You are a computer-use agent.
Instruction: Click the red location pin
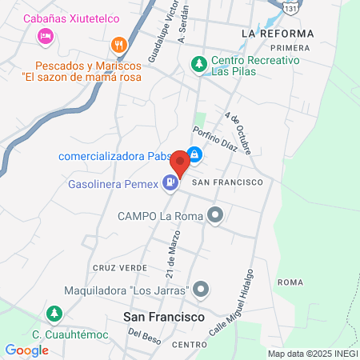[x=180, y=163]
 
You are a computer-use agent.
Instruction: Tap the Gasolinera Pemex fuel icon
[x=169, y=183]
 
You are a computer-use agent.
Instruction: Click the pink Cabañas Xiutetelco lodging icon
[x=46, y=36]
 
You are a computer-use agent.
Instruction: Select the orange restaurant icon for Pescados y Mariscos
[x=119, y=45]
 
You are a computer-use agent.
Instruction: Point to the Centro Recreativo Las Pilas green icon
[x=197, y=62]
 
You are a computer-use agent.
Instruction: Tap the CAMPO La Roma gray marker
[x=214, y=215]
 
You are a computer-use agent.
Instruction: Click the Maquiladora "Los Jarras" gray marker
[x=201, y=289]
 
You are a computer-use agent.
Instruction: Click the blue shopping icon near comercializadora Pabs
[x=194, y=155]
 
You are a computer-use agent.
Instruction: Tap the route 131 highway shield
[x=295, y=6]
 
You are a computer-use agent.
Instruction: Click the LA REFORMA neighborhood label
[x=277, y=34]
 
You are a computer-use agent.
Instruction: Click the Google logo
[x=27, y=350]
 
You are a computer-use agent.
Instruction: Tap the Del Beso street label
[x=140, y=334]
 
